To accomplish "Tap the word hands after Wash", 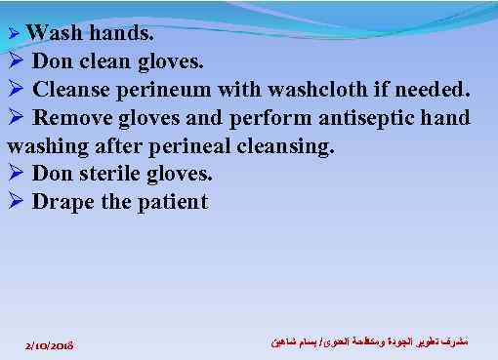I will (x=117, y=32).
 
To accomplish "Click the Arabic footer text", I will (x=362, y=343).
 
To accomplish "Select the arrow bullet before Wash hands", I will (x=14, y=33).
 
